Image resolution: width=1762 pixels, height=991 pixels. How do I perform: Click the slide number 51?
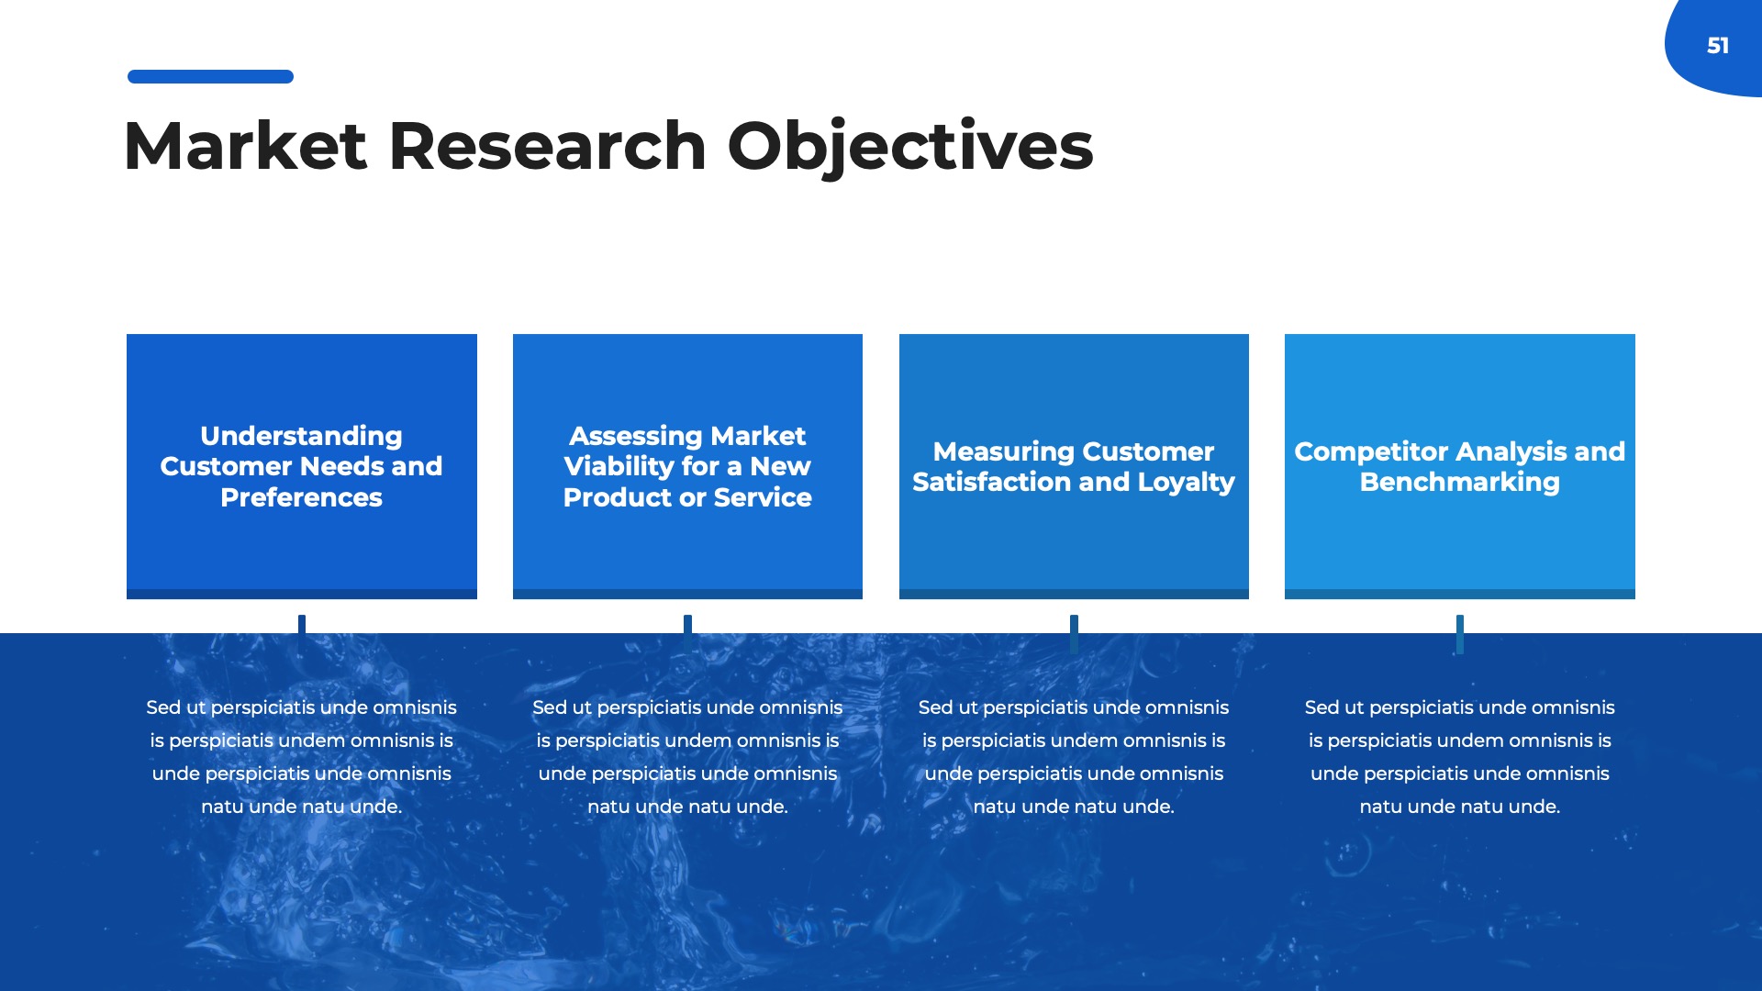pyautogui.click(x=1717, y=46)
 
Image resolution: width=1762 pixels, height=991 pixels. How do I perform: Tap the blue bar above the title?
pyautogui.click(x=210, y=77)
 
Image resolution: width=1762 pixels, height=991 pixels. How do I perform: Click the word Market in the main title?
pyautogui.click(x=245, y=147)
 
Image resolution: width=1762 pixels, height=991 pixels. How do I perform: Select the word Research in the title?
pyautogui.click(x=547, y=147)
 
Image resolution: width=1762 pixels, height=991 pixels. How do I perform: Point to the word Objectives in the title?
pyautogui.click(x=909, y=147)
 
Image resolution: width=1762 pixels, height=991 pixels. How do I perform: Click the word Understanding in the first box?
pyautogui.click(x=301, y=436)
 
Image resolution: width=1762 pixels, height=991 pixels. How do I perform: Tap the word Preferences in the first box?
pyautogui.click(x=301, y=497)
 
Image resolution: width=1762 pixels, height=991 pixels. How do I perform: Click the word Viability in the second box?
pyautogui.click(x=619, y=466)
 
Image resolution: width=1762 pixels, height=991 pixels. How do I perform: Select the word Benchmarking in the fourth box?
pyautogui.click(x=1459, y=483)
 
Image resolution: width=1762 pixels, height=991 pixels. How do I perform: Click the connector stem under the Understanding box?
pyautogui.click(x=302, y=633)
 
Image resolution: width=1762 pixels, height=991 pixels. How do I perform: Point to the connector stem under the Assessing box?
pyautogui.click(x=687, y=633)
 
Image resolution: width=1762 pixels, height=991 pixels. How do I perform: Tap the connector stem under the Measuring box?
pyautogui.click(x=1074, y=633)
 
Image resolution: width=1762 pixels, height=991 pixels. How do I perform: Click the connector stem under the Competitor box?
pyautogui.click(x=1459, y=633)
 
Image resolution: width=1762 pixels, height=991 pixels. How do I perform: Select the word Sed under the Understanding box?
pyautogui.click(x=163, y=707)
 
